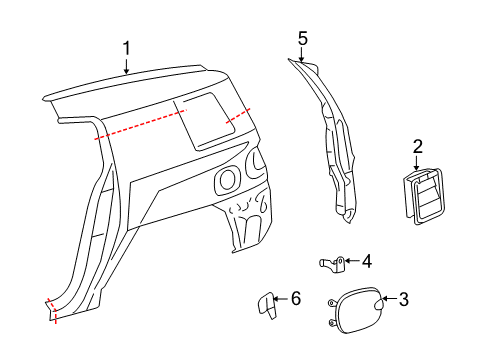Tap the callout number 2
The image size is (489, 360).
[418, 148]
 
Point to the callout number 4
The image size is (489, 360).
[367, 261]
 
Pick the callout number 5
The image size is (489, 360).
[303, 38]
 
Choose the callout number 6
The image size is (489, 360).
[295, 298]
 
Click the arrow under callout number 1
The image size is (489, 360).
[127, 66]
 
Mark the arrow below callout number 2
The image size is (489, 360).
[418, 164]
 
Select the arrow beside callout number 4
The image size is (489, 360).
[352, 261]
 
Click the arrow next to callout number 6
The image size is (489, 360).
[281, 298]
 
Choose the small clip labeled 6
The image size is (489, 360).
[264, 305]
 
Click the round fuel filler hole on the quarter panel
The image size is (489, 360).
[227, 181]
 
